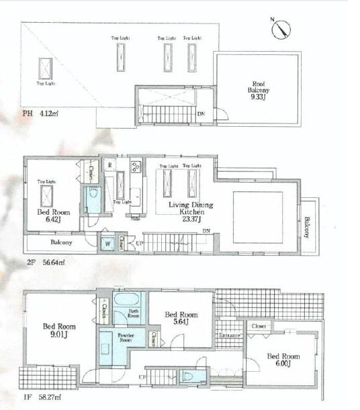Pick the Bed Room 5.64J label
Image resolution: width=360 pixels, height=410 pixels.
point(181,319)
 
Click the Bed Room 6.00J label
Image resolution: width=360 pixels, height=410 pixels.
point(282,360)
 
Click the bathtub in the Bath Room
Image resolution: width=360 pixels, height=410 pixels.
point(127,299)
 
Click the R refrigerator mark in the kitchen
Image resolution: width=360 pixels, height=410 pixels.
point(109,164)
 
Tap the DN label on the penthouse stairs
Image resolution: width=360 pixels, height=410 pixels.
point(201,114)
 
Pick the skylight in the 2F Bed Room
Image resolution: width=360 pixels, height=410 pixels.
point(48,195)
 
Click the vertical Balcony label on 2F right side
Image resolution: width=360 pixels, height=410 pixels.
point(307,227)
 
